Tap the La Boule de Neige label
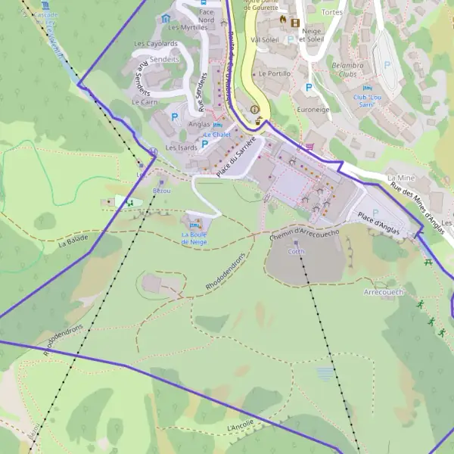pos(194,238)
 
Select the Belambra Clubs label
pos(347,70)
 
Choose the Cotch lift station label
pos(296,252)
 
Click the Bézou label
pos(162,191)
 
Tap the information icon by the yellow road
pos(254,109)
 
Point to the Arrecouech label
pos(384,292)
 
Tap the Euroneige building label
pos(313,110)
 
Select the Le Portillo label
pos(275,73)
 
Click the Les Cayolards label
pos(157,43)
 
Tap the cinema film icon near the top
pos(294,22)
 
